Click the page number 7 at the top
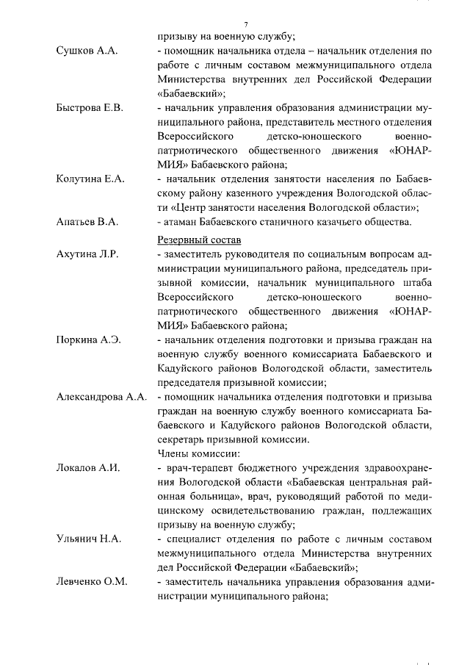(x=245, y=24)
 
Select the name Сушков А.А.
(x=87, y=51)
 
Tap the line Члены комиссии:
(x=198, y=453)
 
